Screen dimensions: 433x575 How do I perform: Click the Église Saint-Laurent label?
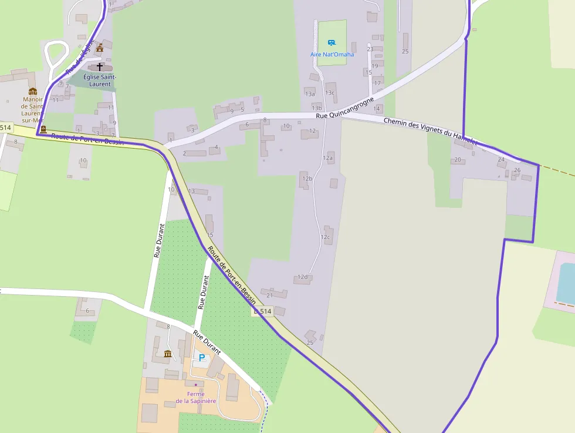[100, 80]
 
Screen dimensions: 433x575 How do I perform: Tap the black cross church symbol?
[99, 67]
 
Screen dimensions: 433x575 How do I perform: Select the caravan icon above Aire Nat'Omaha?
[332, 43]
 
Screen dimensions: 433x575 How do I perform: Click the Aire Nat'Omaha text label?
[332, 55]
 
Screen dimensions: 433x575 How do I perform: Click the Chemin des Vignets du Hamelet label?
[431, 131]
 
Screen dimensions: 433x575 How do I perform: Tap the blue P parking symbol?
[202, 357]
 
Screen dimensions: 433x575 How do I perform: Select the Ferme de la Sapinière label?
[196, 397]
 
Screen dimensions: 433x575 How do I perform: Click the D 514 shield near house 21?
[263, 312]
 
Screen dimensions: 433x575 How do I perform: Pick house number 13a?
[310, 94]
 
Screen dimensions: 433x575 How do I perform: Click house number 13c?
[330, 93]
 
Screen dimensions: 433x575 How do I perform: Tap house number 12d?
[302, 277]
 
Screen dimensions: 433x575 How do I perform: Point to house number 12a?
[327, 158]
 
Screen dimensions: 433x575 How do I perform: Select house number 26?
[517, 170]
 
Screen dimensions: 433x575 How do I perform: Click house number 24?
[501, 160]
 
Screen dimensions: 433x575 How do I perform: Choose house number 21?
[269, 295]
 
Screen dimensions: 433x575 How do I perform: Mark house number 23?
[370, 49]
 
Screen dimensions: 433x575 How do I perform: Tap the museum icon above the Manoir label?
[33, 91]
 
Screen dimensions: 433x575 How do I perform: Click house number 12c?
[325, 237]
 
